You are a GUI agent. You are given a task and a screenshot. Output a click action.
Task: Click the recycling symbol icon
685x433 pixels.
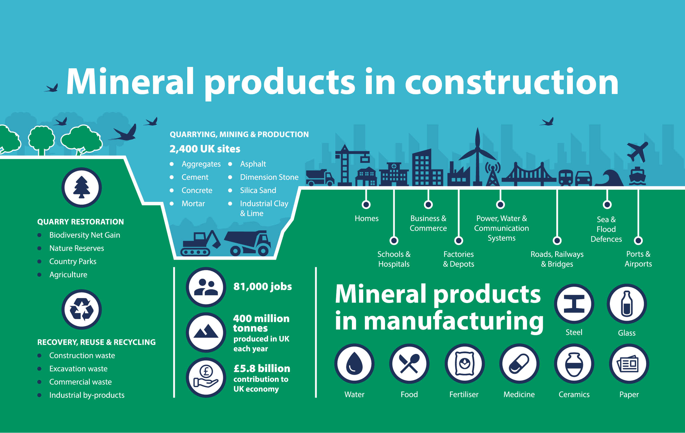click(x=82, y=309)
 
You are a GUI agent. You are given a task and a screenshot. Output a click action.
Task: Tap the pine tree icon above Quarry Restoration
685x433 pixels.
click(x=82, y=187)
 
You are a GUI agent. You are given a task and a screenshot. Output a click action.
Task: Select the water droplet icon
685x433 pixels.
click(x=354, y=364)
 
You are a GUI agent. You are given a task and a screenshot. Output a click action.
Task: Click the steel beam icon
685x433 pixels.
click(x=574, y=304)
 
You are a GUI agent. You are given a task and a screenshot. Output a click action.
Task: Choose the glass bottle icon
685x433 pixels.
click(x=627, y=304)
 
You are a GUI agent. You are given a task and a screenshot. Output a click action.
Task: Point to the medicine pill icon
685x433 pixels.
click(x=519, y=364)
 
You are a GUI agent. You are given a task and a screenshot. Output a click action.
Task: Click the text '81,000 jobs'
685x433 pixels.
click(x=263, y=286)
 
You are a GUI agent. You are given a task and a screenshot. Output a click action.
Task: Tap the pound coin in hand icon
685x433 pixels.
click(x=206, y=377)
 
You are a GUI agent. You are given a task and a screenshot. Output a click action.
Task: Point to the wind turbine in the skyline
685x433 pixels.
click(x=478, y=156)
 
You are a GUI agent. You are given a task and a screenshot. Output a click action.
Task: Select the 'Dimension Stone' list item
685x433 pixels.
click(x=269, y=177)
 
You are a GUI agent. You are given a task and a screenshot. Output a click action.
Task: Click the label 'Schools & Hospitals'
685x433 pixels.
click(x=394, y=259)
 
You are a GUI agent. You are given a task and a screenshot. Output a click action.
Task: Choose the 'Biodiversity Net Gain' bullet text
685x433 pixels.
click(x=85, y=235)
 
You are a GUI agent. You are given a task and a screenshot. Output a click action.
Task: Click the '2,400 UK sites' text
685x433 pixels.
click(x=205, y=149)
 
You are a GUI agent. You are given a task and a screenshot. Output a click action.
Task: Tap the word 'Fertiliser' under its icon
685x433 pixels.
click(x=464, y=394)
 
